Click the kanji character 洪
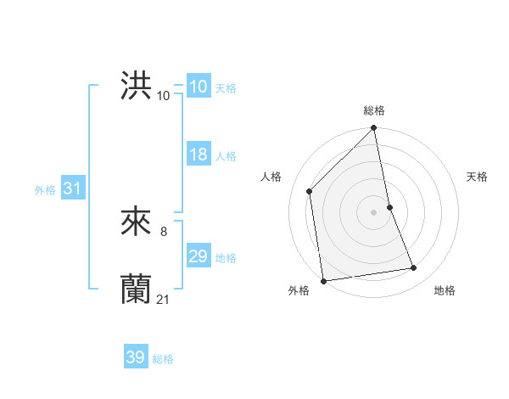(x=136, y=87)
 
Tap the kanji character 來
(x=136, y=222)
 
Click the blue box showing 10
(x=198, y=87)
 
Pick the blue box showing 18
(x=198, y=155)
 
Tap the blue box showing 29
(x=198, y=256)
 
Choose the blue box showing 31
(x=72, y=188)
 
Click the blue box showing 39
(x=135, y=357)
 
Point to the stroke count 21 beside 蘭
(x=164, y=298)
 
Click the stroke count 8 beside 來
(x=163, y=230)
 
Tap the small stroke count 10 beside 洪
(x=163, y=95)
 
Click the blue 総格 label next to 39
(x=164, y=360)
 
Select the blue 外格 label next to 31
(x=45, y=190)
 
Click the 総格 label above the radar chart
(x=374, y=110)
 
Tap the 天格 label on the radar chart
(x=478, y=177)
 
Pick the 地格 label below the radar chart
(x=445, y=291)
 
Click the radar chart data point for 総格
(x=374, y=129)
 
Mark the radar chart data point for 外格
(x=323, y=280)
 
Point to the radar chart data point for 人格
(x=310, y=191)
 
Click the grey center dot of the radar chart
(x=374, y=211)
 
